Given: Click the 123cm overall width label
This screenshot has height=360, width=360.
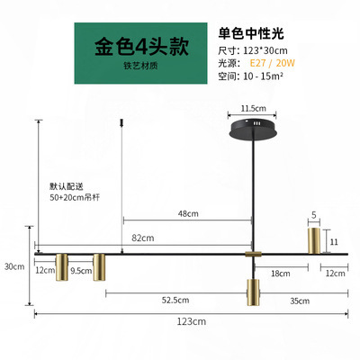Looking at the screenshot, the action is tap(192, 321).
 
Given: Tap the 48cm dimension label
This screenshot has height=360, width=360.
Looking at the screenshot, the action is tap(188, 213).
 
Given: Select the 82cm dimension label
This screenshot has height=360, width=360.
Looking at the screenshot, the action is tap(143, 238).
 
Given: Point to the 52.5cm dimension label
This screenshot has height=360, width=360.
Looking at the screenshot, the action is tap(175, 300).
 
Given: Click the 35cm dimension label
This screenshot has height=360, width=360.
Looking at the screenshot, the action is tap(300, 301).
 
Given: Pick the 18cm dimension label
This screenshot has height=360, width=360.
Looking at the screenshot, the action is tap(281, 274).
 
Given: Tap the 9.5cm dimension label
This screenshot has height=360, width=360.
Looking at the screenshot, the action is tap(81, 271).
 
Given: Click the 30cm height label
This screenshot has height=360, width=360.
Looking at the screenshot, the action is tap(14, 266).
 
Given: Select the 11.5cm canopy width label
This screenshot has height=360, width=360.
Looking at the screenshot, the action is tap(254, 108).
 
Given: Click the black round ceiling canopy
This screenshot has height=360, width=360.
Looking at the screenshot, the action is tap(254, 130).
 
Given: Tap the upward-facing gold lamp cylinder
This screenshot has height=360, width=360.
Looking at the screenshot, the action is tap(314, 240).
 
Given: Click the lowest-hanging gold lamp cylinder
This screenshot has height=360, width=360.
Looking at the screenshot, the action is tap(253, 292).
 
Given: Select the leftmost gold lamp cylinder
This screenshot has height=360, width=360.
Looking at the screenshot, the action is tap(62, 267).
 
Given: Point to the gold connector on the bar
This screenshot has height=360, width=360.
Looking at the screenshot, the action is tap(254, 254).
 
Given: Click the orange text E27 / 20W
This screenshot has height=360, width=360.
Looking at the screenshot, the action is tap(273, 63).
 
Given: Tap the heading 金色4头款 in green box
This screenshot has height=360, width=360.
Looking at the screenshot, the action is tap(141, 47).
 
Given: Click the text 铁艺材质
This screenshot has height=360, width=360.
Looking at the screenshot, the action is tap(140, 66).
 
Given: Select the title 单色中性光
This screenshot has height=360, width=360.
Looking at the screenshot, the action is tap(251, 33).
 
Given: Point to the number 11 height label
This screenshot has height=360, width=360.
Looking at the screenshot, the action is tap(334, 242).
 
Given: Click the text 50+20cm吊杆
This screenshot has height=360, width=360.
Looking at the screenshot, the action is tap(75, 197).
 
